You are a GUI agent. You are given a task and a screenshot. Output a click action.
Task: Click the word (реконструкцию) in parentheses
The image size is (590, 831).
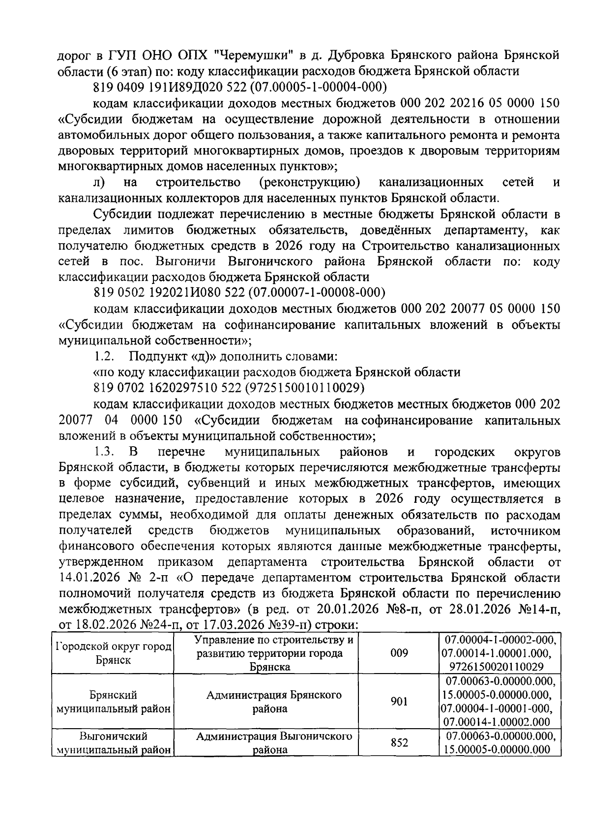(x=309, y=183)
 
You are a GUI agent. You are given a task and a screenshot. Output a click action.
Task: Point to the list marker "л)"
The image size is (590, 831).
(x=98, y=183)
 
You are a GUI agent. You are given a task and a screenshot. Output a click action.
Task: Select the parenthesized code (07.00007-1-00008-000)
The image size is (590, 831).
(x=317, y=293)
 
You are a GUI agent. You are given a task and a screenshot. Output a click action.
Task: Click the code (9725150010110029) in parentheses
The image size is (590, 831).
(x=304, y=388)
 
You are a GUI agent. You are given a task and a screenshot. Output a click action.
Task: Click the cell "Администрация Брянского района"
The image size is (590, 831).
(x=274, y=702)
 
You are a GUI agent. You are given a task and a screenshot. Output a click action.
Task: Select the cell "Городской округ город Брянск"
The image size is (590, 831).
(x=114, y=653)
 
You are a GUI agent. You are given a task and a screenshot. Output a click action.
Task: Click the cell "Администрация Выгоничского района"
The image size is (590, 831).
(x=274, y=743)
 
